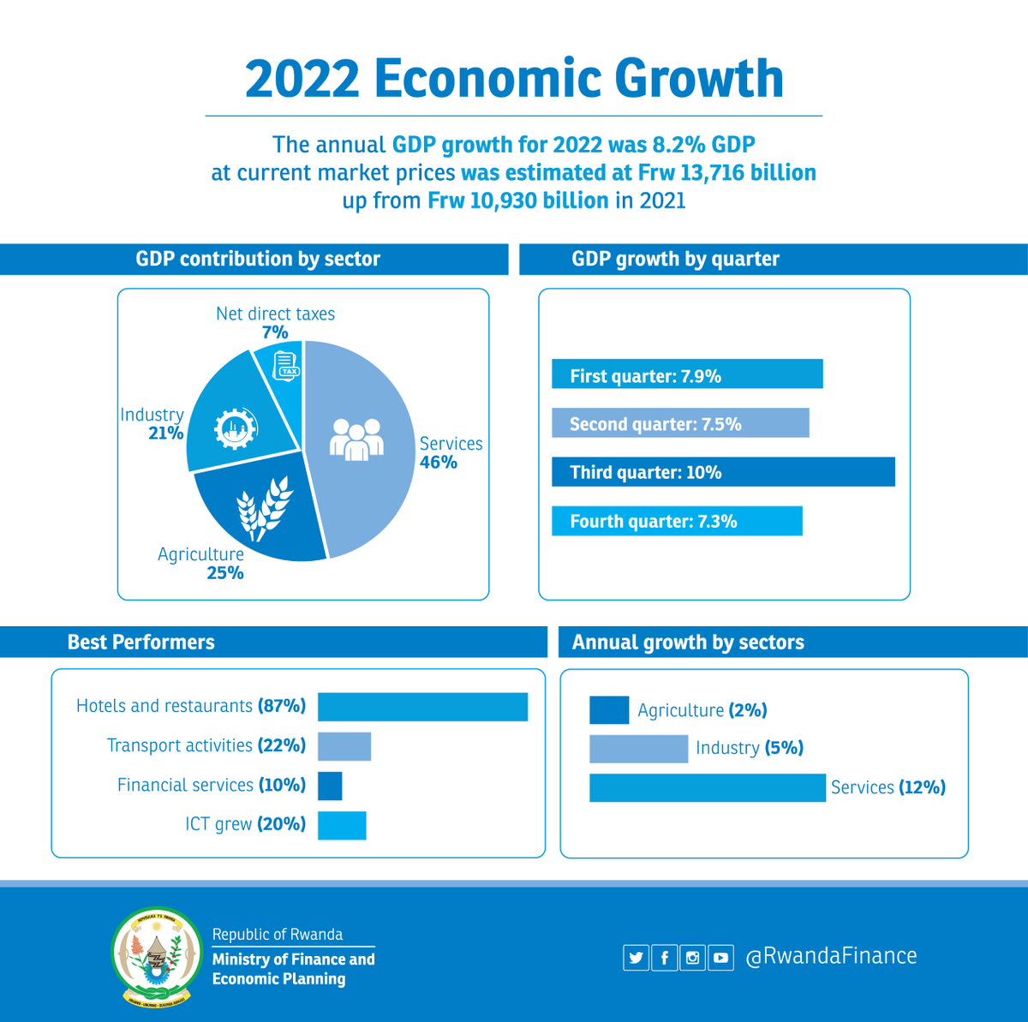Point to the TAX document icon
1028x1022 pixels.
286,365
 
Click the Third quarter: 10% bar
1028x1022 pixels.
723,472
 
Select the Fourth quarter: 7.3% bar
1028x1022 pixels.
677,521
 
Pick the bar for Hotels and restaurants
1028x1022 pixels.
422,707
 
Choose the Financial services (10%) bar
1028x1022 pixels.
330,786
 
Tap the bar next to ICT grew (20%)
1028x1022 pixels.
342,825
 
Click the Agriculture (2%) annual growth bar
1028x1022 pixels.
609,710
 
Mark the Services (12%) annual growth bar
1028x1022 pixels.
707,788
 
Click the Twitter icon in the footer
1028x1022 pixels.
636,958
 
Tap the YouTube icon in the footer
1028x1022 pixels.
720,958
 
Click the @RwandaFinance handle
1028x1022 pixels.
831,957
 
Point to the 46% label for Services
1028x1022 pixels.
438,463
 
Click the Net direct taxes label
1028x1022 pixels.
275,314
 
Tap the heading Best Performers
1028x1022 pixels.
141,642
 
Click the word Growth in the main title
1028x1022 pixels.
699,79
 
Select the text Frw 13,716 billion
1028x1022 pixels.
726,173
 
